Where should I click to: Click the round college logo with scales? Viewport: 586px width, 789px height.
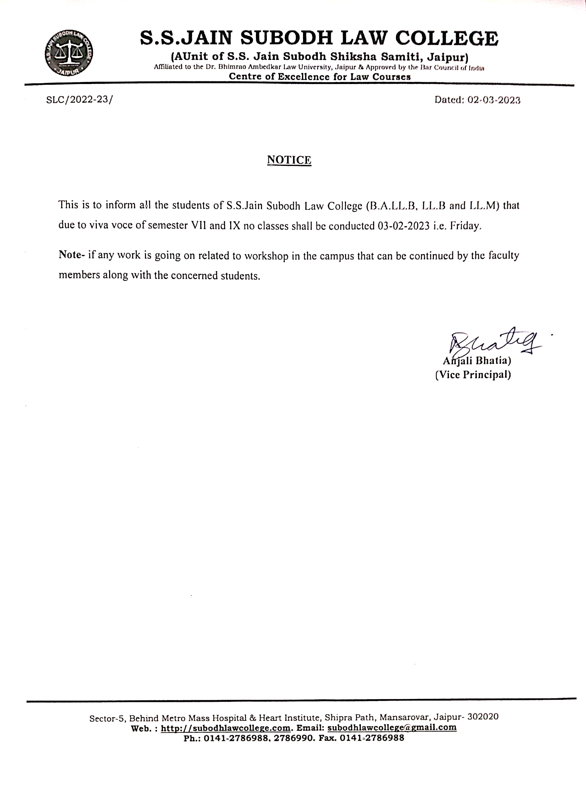[x=69, y=53]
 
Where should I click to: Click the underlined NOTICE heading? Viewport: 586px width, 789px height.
[x=289, y=160]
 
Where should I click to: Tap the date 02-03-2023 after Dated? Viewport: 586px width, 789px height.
[x=494, y=100]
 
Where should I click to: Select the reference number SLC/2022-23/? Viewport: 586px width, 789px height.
[x=79, y=99]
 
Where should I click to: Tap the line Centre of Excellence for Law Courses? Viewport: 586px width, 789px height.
[x=320, y=77]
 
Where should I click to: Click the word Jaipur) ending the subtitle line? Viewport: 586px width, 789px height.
[x=448, y=57]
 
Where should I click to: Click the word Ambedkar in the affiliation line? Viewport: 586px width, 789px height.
[x=265, y=67]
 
